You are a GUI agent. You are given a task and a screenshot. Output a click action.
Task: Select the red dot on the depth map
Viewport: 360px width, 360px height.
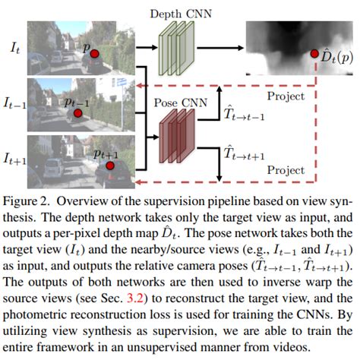coord(313,55)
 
